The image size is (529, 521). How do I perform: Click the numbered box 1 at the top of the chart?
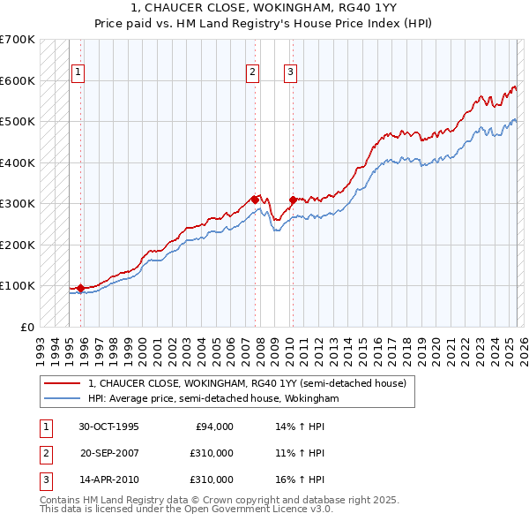point(78,72)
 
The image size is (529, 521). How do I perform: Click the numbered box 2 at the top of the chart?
point(252,72)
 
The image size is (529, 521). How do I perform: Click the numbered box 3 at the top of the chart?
point(290,72)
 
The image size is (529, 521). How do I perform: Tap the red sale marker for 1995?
point(80,288)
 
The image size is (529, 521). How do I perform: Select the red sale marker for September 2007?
point(255,200)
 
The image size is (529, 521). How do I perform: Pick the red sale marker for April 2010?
point(292,200)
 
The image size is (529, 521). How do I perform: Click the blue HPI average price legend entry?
point(212,398)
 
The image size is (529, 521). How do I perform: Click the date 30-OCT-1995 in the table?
point(108,427)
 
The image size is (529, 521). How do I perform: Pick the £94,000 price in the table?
point(214,427)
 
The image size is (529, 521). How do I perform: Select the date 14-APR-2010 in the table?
point(108,479)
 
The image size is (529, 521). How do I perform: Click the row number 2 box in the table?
point(44,453)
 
